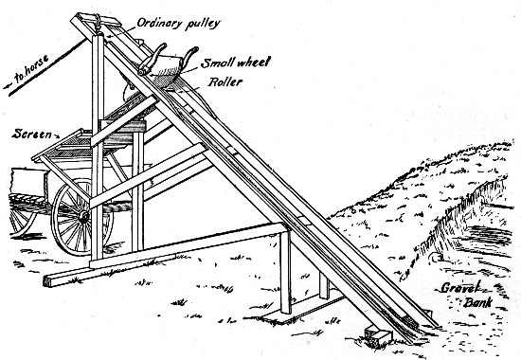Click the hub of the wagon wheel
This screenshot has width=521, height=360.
pyautogui.click(x=83, y=217)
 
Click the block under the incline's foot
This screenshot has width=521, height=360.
pyautogui.click(x=380, y=335)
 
